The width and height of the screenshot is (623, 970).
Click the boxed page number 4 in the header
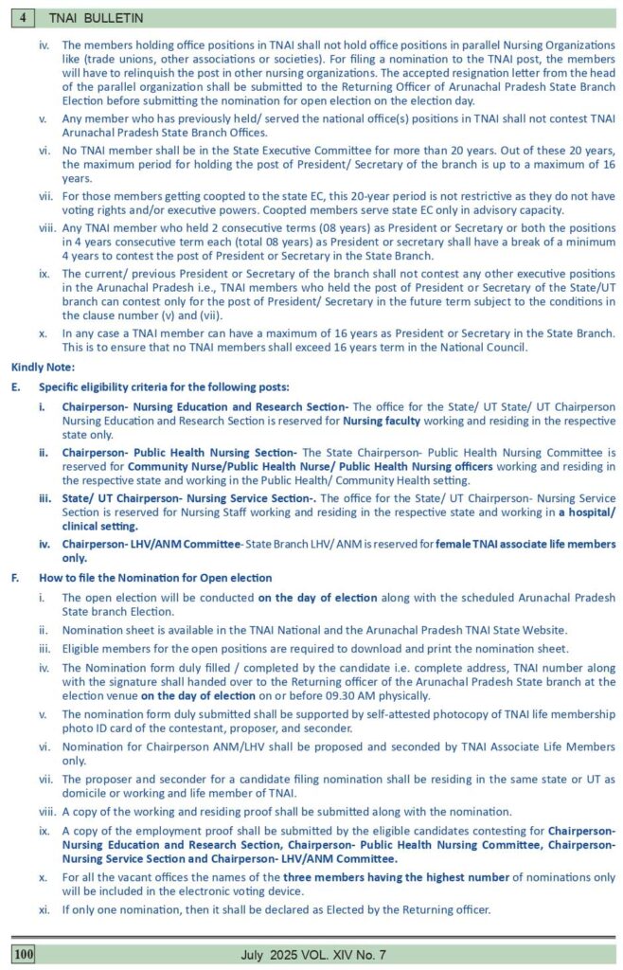(22, 17)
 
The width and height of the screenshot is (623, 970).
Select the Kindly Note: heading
(43, 366)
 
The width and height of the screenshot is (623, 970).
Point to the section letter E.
(15, 386)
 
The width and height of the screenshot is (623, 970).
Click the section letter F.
(15, 577)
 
